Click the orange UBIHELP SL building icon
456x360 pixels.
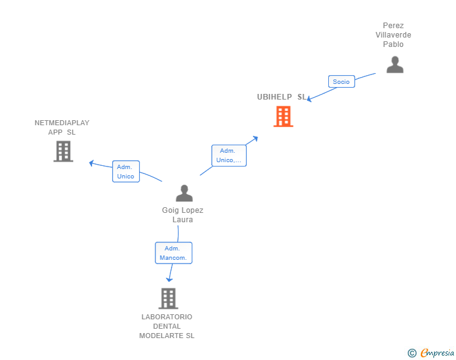tap(283, 116)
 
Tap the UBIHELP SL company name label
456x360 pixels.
tap(282, 97)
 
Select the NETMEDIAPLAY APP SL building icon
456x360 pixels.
tap(63, 152)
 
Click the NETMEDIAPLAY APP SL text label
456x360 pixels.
tap(62, 128)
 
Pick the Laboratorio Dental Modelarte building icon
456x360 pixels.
tap(168, 299)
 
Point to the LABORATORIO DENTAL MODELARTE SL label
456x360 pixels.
tap(167, 326)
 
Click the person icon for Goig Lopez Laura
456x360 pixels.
tap(184, 193)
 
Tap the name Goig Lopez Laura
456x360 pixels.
tap(183, 215)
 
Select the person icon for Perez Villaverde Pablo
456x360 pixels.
tap(395, 64)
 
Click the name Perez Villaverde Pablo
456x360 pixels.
tap(393, 35)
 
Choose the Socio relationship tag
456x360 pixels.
tap(341, 81)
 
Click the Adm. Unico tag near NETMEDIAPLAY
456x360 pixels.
tap(126, 172)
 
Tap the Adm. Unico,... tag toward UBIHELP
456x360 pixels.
tap(229, 155)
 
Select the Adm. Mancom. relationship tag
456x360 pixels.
tap(174, 253)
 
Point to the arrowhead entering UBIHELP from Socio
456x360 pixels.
tap(309, 99)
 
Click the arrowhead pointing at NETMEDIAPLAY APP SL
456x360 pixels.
tap(91, 163)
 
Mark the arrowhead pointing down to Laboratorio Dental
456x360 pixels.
tap(169, 279)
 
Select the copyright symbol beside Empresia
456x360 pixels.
tap(412, 353)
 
